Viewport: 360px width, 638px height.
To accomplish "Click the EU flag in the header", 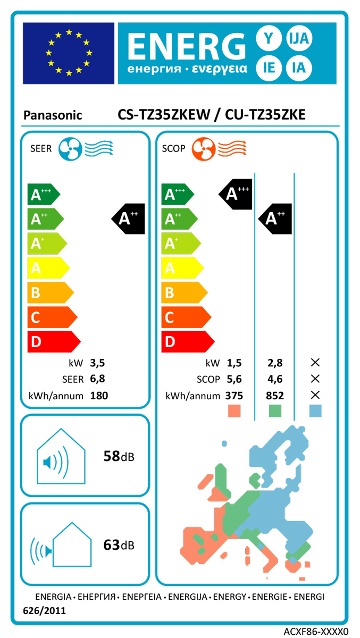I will pos(69,53).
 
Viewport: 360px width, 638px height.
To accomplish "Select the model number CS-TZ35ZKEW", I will pos(165,115).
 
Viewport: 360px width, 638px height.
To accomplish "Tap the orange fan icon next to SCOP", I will pos(203,148).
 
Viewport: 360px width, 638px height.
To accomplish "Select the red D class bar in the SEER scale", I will pos(52,341).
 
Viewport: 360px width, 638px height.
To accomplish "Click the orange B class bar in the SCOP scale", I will pos(183,292).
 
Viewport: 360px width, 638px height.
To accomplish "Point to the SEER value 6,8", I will pos(97,379).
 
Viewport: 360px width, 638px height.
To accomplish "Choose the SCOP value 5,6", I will pos(234,379).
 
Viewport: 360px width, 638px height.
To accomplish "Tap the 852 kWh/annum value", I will pos(275,396).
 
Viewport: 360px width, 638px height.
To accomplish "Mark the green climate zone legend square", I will pos(275,410).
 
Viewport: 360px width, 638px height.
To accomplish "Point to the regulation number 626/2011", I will pos(45,611).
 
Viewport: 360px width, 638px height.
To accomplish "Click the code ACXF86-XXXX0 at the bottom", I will pos(315,631).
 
